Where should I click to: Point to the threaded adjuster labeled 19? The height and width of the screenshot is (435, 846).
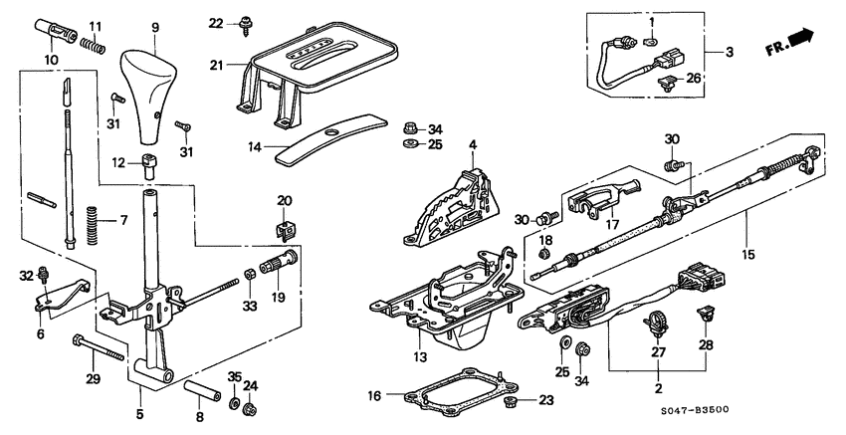275,270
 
